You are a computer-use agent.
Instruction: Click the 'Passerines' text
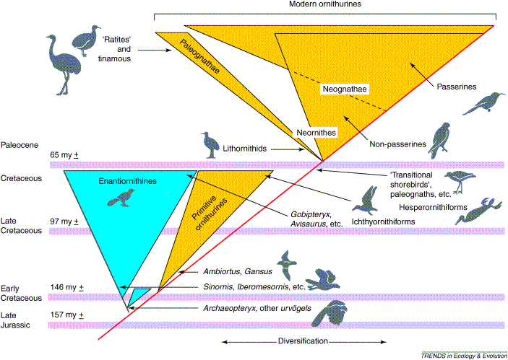(457, 87)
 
